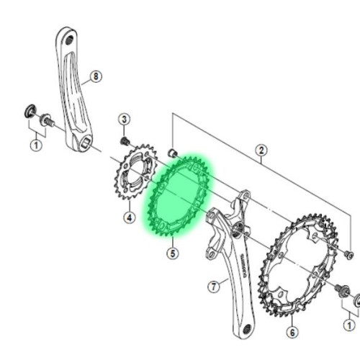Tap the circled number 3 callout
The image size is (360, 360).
pyautogui.click(x=124, y=120)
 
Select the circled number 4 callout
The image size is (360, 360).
pyautogui.click(x=128, y=216)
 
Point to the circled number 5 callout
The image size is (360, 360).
pyautogui.click(x=172, y=253)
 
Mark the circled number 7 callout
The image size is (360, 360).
pyautogui.click(x=213, y=287)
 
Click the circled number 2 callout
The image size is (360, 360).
pyautogui.click(x=261, y=150)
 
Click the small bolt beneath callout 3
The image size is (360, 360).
pyautogui.click(x=124, y=140)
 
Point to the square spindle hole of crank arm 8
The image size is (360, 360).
pyautogui.click(x=84, y=144)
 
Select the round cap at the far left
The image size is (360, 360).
pyautogui.click(x=30, y=112)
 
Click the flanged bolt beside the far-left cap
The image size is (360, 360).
pyautogui.click(x=46, y=120)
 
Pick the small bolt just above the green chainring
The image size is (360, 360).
pyautogui.click(x=173, y=152)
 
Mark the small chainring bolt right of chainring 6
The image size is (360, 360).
pyautogui.click(x=348, y=254)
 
